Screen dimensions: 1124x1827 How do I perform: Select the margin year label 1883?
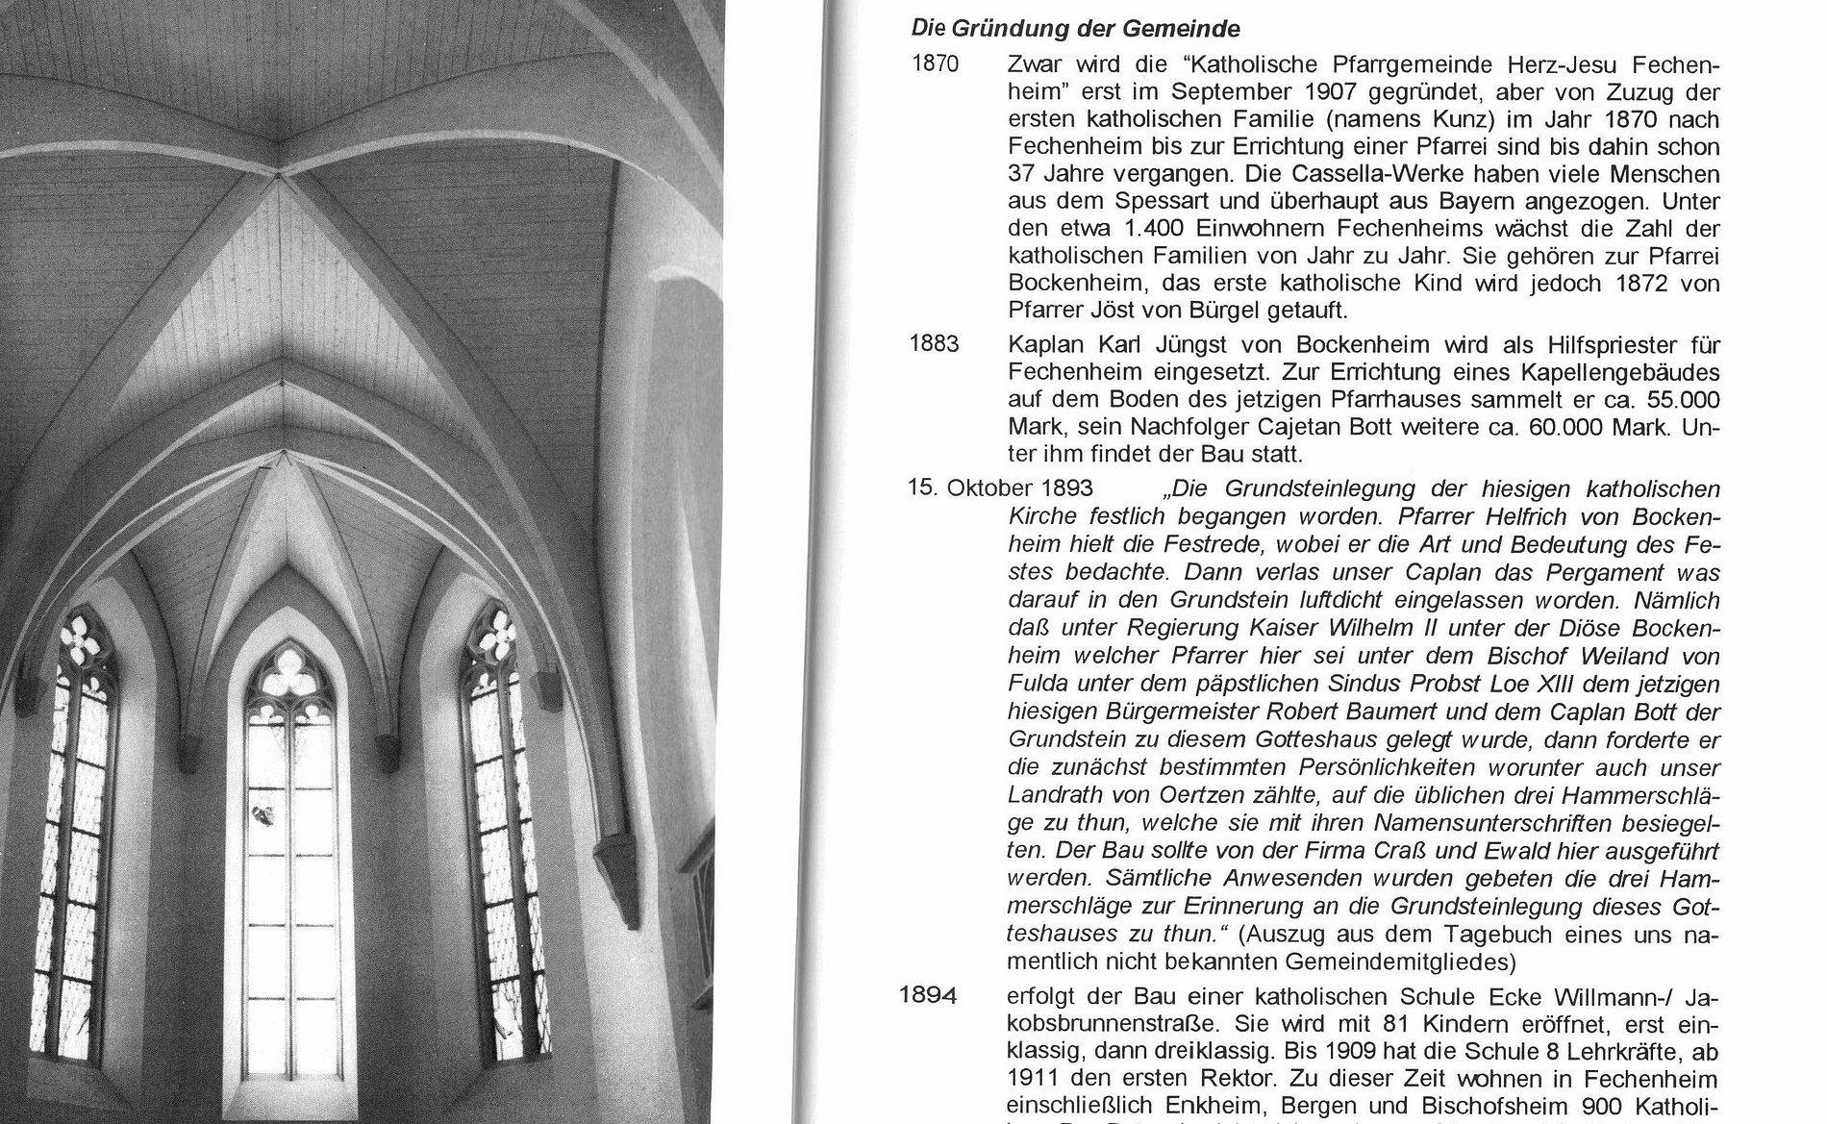934,344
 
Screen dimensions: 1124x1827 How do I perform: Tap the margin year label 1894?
928,995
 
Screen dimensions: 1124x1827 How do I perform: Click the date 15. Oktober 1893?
1000,488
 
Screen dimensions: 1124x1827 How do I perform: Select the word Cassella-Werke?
1366,176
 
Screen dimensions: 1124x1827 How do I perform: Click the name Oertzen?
1162,796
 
